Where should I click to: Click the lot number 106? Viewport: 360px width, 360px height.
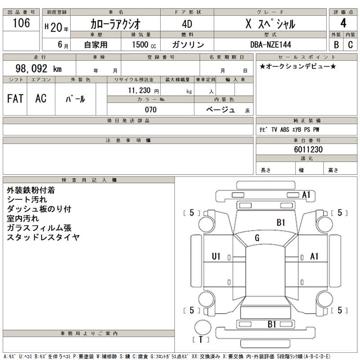click(x=22, y=23)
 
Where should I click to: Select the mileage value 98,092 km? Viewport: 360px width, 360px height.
click(x=39, y=68)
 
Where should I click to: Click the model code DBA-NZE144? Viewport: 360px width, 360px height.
click(x=270, y=45)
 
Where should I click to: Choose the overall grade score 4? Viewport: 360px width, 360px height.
click(x=343, y=23)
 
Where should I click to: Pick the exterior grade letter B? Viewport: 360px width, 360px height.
click(x=336, y=45)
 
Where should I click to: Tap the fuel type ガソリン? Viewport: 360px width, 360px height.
click(x=188, y=45)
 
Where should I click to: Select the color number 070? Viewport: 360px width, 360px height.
click(x=151, y=109)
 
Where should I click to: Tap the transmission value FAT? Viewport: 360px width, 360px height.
click(x=15, y=99)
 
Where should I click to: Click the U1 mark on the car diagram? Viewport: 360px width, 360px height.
click(x=216, y=256)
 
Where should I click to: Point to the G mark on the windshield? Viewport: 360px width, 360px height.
click(x=257, y=238)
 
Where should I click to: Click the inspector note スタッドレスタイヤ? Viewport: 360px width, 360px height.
click(x=43, y=237)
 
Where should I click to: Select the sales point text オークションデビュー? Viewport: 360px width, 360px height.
click(x=298, y=67)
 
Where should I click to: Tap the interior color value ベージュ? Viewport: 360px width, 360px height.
click(x=220, y=109)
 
